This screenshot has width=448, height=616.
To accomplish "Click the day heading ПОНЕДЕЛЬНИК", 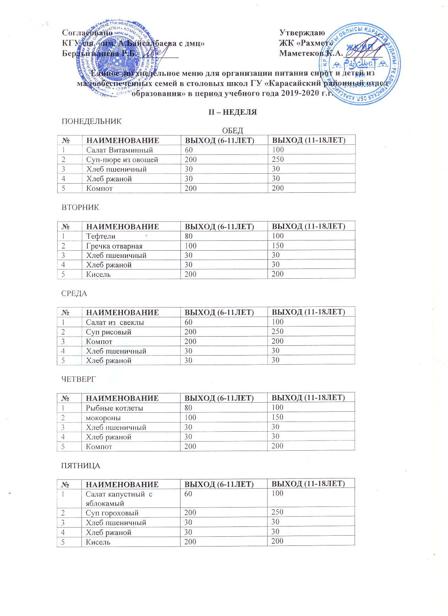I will [x=92, y=121].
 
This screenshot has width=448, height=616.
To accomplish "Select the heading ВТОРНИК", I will [x=80, y=207].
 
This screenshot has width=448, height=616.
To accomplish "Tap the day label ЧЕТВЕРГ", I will [x=79, y=379].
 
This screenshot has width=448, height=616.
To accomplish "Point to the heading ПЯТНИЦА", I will [x=81, y=466].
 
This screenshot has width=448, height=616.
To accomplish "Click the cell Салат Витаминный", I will [x=119, y=150].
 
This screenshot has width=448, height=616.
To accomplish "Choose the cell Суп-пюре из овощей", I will [x=122, y=160].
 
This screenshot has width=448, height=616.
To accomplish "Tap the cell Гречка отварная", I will [x=114, y=246].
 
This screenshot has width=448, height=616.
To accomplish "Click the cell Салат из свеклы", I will [x=115, y=323].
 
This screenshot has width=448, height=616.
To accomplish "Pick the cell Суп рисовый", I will [x=108, y=332].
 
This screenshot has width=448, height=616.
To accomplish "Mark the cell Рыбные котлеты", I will [x=114, y=408].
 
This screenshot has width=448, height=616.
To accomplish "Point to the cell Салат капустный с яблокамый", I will [x=119, y=498].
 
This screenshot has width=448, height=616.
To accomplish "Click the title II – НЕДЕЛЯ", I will [x=233, y=112].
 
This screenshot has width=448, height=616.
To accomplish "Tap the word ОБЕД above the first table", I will [x=232, y=131].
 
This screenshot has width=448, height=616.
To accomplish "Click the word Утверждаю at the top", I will [x=302, y=33].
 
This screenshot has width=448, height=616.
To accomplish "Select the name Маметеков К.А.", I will [x=311, y=53].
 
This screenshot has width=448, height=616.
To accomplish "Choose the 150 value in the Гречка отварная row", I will [x=278, y=246].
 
